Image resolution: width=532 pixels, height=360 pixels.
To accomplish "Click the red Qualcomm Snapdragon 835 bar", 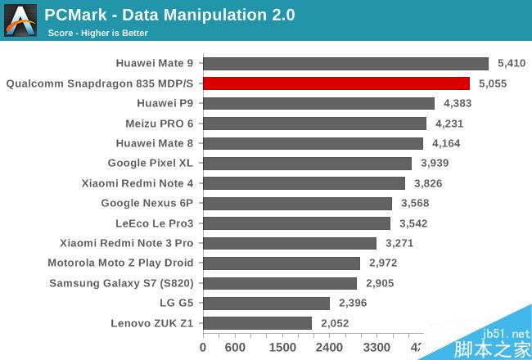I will tap(336, 83).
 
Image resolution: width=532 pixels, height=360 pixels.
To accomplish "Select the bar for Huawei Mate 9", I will tap(345, 63).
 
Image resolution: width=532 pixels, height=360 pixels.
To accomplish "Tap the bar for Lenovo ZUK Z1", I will tap(257, 322).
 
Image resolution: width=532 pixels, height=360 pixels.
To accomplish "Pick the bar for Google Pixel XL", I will tap(307, 163).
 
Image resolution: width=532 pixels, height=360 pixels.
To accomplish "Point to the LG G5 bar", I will tap(266, 303).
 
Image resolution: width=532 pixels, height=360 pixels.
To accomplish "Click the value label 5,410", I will tap(512, 63).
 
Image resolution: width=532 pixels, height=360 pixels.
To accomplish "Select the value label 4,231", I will tap(449, 124).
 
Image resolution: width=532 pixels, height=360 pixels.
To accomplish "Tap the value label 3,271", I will tap(399, 243).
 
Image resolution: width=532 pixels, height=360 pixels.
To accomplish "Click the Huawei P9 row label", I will tap(166, 103).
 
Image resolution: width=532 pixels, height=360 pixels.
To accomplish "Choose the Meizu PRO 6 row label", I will tap(160, 123).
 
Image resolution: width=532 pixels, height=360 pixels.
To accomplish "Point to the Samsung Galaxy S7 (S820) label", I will tap(121, 283).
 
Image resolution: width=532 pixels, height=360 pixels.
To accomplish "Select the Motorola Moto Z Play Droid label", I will tap(120, 263).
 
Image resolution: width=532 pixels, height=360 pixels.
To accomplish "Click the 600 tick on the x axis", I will tap(235, 346).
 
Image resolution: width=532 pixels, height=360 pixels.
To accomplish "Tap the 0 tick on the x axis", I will tap(203, 346).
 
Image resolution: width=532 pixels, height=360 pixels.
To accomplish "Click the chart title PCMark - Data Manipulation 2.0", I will tap(169, 15).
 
